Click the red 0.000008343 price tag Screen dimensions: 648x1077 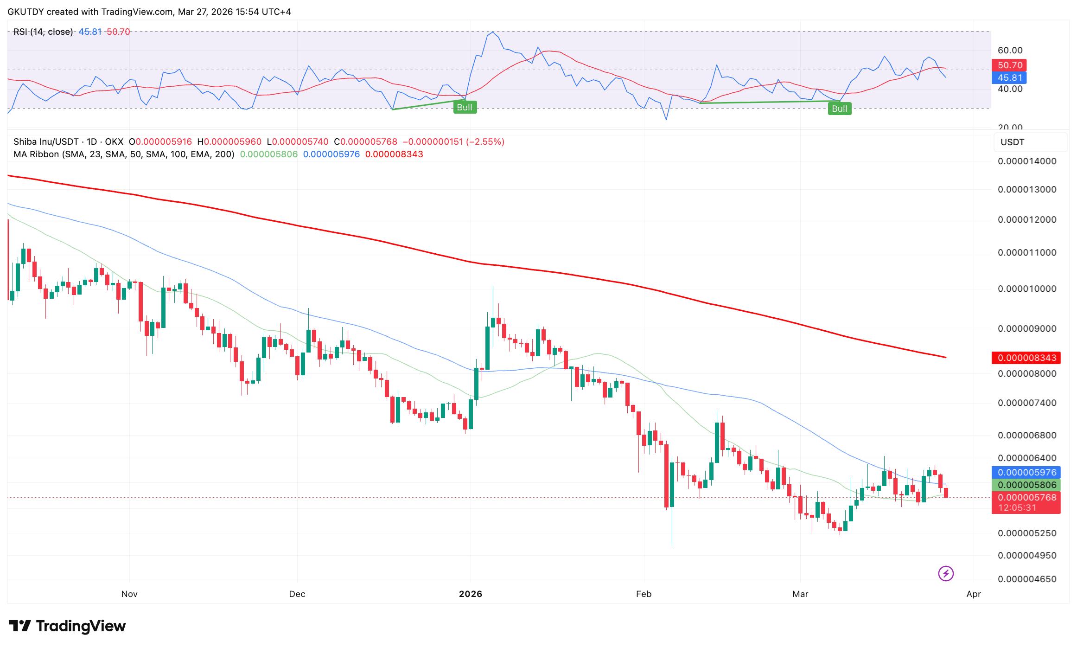[1026, 358]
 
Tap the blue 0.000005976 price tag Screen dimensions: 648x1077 [1026, 472]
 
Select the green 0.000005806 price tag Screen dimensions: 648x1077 [1026, 485]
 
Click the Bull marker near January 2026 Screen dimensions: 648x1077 [464, 108]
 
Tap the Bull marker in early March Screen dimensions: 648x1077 [839, 109]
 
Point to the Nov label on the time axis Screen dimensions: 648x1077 [129, 594]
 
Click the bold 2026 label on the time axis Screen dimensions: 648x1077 [470, 594]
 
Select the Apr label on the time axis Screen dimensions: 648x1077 [974, 594]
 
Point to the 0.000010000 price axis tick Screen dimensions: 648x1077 [1026, 289]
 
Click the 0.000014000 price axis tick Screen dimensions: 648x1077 [1026, 161]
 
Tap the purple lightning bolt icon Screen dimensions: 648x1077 [946, 574]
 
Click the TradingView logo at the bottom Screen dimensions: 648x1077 [67, 626]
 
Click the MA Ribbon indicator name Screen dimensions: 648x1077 [36, 154]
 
